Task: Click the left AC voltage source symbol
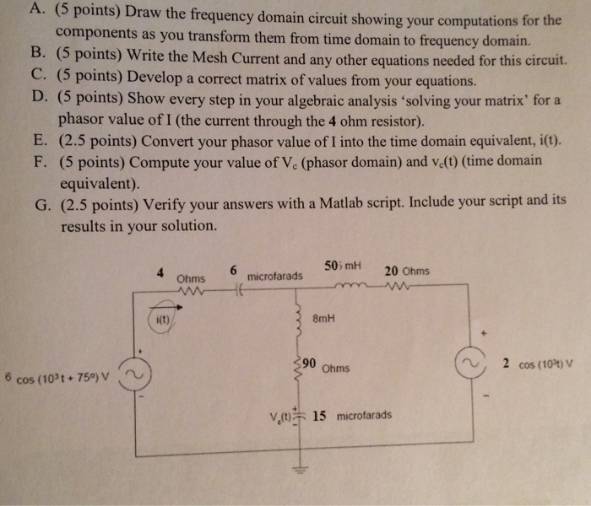134,374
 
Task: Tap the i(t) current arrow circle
163,318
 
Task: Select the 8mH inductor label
323,320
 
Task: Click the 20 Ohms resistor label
406,272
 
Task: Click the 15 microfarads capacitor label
351,415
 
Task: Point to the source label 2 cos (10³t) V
537,363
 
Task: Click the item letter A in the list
35,11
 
